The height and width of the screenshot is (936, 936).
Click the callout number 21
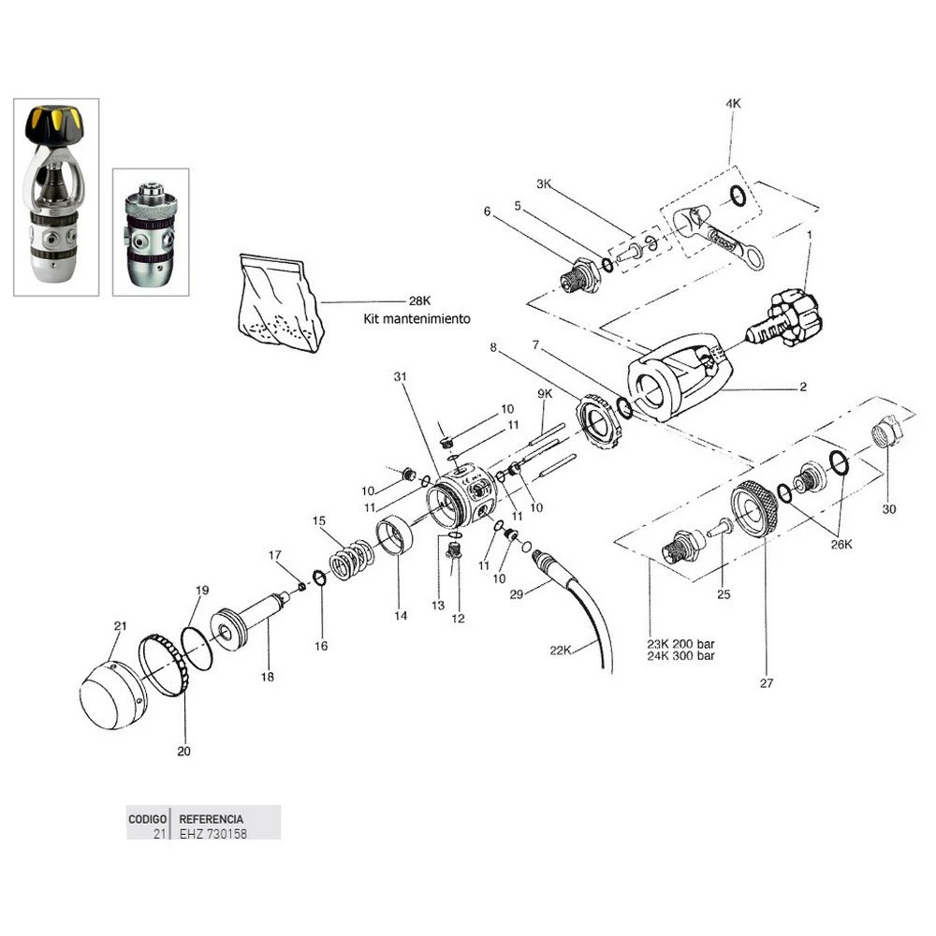119,625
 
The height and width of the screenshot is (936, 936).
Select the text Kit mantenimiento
417,318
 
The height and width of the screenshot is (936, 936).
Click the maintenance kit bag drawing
281,301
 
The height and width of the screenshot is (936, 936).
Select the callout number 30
889,510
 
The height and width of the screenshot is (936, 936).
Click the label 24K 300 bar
684,656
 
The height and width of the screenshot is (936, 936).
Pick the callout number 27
767,683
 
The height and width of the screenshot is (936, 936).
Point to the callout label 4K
733,104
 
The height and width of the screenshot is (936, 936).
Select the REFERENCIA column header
212,817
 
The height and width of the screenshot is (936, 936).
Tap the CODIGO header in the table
148,817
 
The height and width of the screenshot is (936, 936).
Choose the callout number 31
402,376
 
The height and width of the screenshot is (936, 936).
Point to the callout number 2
802,386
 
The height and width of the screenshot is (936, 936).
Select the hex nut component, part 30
886,432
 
